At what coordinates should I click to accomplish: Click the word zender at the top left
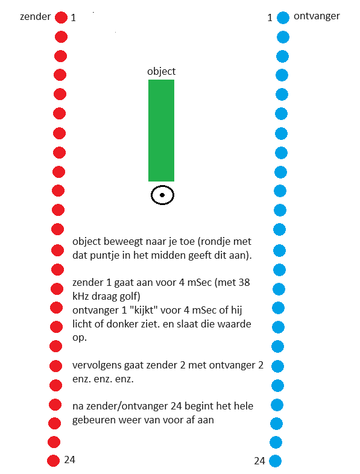36,17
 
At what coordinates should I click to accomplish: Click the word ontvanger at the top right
317,16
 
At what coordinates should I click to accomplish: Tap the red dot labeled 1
61,17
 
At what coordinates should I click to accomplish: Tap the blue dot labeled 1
283,18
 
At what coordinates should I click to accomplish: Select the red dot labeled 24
53,461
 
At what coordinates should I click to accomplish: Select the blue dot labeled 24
275,461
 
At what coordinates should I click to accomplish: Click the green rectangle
161,131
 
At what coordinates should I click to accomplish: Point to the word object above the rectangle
161,72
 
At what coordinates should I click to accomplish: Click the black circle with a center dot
163,195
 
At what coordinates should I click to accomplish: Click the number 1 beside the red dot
73,18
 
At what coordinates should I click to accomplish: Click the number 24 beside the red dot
69,460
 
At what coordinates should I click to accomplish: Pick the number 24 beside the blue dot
260,461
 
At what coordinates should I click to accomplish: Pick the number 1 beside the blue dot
270,18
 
